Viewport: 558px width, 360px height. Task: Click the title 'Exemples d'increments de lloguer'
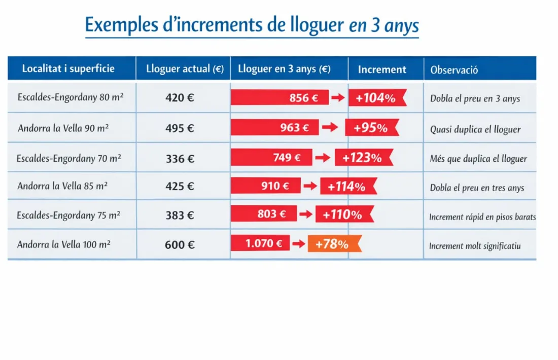(x=252, y=25)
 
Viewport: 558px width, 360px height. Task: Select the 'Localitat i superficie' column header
(x=68, y=68)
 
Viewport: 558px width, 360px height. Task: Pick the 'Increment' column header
(x=382, y=69)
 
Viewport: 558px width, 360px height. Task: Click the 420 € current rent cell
(x=180, y=98)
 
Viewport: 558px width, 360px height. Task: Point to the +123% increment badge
(x=363, y=158)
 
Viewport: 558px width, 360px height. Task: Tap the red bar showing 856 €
(x=279, y=98)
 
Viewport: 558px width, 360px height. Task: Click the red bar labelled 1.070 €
(x=260, y=243)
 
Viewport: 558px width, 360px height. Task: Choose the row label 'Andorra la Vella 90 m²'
(x=63, y=128)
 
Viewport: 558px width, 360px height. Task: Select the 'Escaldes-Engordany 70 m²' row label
(x=68, y=158)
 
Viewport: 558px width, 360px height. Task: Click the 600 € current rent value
(x=180, y=245)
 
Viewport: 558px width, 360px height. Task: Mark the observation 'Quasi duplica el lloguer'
(x=475, y=129)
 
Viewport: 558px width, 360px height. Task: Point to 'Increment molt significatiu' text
(x=475, y=246)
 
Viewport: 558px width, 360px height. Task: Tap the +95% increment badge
(x=371, y=128)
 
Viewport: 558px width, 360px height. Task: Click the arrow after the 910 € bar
(x=310, y=186)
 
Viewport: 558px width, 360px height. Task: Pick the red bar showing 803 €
(x=264, y=214)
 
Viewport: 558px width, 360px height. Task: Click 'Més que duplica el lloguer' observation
(x=478, y=159)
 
